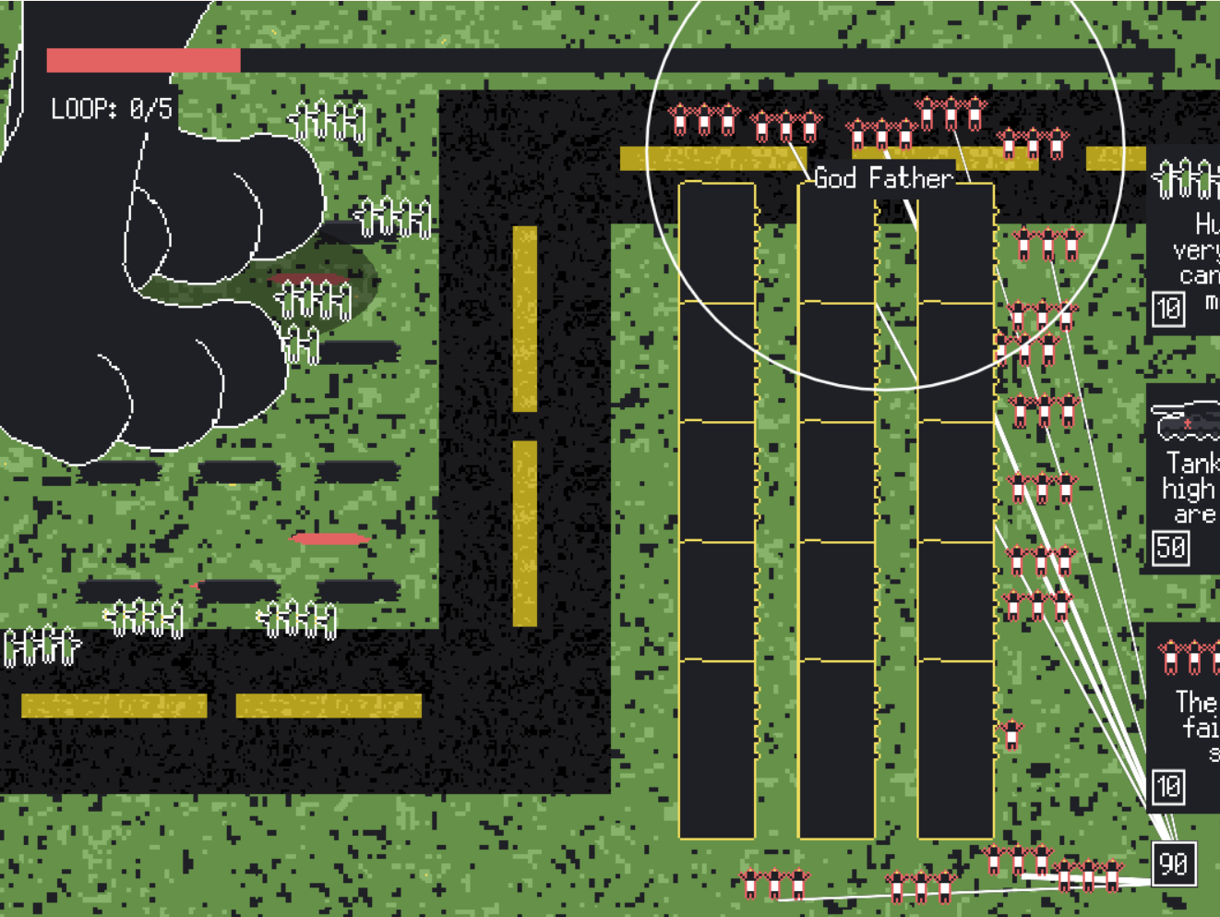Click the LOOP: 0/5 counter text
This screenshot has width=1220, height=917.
(112, 109)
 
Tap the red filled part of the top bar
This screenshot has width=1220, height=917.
(143, 61)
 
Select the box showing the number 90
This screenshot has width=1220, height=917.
(1173, 863)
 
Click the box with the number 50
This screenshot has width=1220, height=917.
(1171, 548)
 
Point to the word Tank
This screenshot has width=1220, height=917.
(1191, 463)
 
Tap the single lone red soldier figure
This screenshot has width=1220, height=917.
(1011, 733)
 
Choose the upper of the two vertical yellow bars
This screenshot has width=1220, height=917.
(524, 318)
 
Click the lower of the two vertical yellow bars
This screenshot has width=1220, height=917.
(524, 533)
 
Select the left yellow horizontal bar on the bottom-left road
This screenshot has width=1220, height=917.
(114, 706)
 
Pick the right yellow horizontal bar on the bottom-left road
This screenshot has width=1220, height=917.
(329, 706)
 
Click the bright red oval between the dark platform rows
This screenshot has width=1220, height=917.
(329, 538)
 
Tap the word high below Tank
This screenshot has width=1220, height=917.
(1188, 489)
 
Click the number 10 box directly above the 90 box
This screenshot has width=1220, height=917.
(1168, 787)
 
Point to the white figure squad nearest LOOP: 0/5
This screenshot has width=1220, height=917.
(328, 121)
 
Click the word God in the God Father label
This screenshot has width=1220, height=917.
(835, 177)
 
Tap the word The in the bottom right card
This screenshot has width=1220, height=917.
(1196, 702)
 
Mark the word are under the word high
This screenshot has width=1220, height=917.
(1194, 514)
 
